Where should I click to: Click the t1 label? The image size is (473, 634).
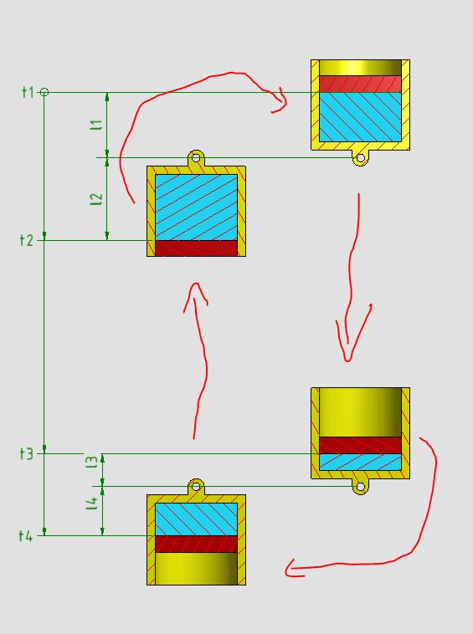(28, 92)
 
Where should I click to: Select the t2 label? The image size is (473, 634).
(26, 240)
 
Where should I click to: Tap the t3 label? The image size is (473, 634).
(26, 453)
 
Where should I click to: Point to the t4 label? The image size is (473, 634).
(25, 536)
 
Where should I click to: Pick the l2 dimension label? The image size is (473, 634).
(96, 199)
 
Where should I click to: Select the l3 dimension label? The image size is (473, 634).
(92, 463)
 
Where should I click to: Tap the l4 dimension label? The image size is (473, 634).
(92, 504)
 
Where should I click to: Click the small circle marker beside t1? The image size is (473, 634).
(44, 92)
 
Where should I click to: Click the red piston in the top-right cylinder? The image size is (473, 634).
(360, 84)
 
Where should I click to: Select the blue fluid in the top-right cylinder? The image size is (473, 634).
(360, 117)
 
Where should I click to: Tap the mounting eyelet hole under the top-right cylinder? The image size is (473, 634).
(360, 158)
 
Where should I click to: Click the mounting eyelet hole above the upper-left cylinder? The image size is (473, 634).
(196, 157)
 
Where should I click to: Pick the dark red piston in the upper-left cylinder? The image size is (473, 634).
(196, 248)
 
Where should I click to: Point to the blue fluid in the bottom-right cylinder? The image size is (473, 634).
(360, 462)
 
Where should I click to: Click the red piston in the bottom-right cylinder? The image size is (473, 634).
(360, 445)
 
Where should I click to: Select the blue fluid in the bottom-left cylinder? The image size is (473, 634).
(196, 519)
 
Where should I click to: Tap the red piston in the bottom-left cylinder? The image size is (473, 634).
(196, 545)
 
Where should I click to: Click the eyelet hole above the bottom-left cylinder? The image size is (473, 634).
(196, 486)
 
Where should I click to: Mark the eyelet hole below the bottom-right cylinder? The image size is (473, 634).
(360, 487)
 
